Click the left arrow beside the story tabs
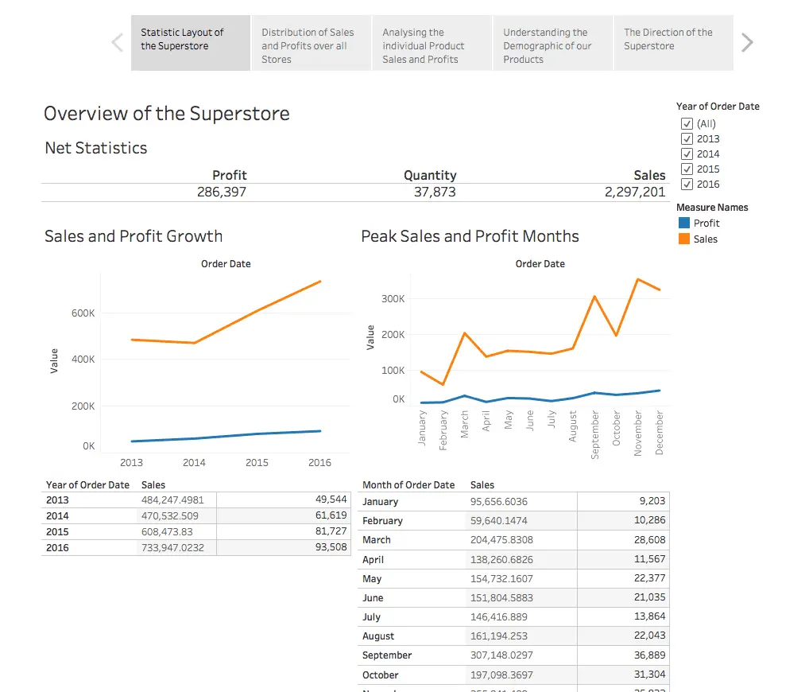[x=118, y=42]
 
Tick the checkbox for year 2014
[x=687, y=154]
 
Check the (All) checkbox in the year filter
[x=687, y=124]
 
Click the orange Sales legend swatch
[x=684, y=239]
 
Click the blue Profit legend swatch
[x=684, y=224]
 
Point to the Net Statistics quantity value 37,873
[x=435, y=192]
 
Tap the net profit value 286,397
[x=222, y=192]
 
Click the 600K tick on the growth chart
[x=83, y=313]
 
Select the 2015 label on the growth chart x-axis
[x=257, y=462]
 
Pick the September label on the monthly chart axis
[x=595, y=434]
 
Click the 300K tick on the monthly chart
[x=393, y=299]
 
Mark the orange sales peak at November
[x=637, y=279]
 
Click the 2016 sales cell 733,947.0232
[x=170, y=547]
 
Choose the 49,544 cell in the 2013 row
[x=331, y=500]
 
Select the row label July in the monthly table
[x=371, y=617]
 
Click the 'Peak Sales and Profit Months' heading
[x=470, y=236]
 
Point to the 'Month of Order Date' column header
[x=408, y=484]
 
